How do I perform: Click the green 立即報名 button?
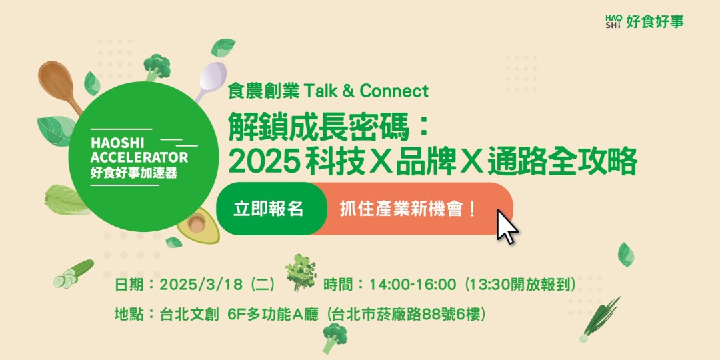click(x=269, y=209)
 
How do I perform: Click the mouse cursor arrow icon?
click(x=507, y=227)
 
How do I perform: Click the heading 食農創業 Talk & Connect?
click(x=328, y=90)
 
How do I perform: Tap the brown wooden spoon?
click(x=56, y=84)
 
